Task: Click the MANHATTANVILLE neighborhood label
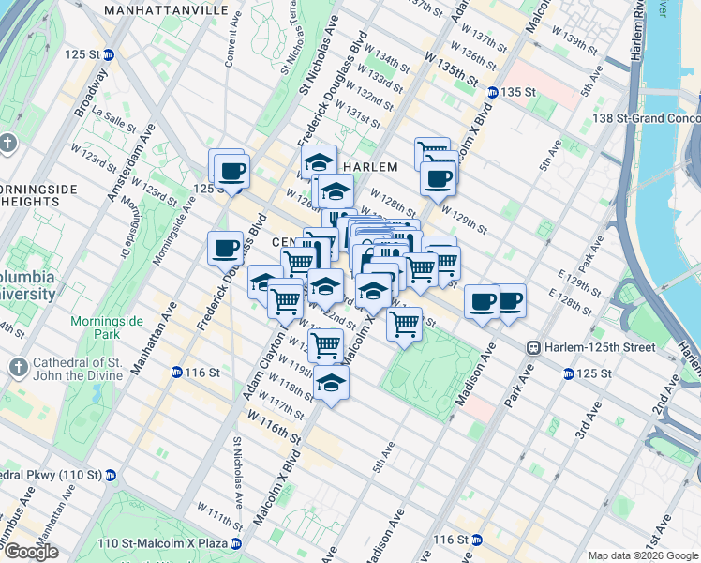(x=166, y=9)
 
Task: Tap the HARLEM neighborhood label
(x=370, y=166)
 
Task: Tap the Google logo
(x=32, y=552)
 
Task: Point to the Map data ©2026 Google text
(x=643, y=555)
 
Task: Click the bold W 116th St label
(x=275, y=426)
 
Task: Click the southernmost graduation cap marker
(x=331, y=383)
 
